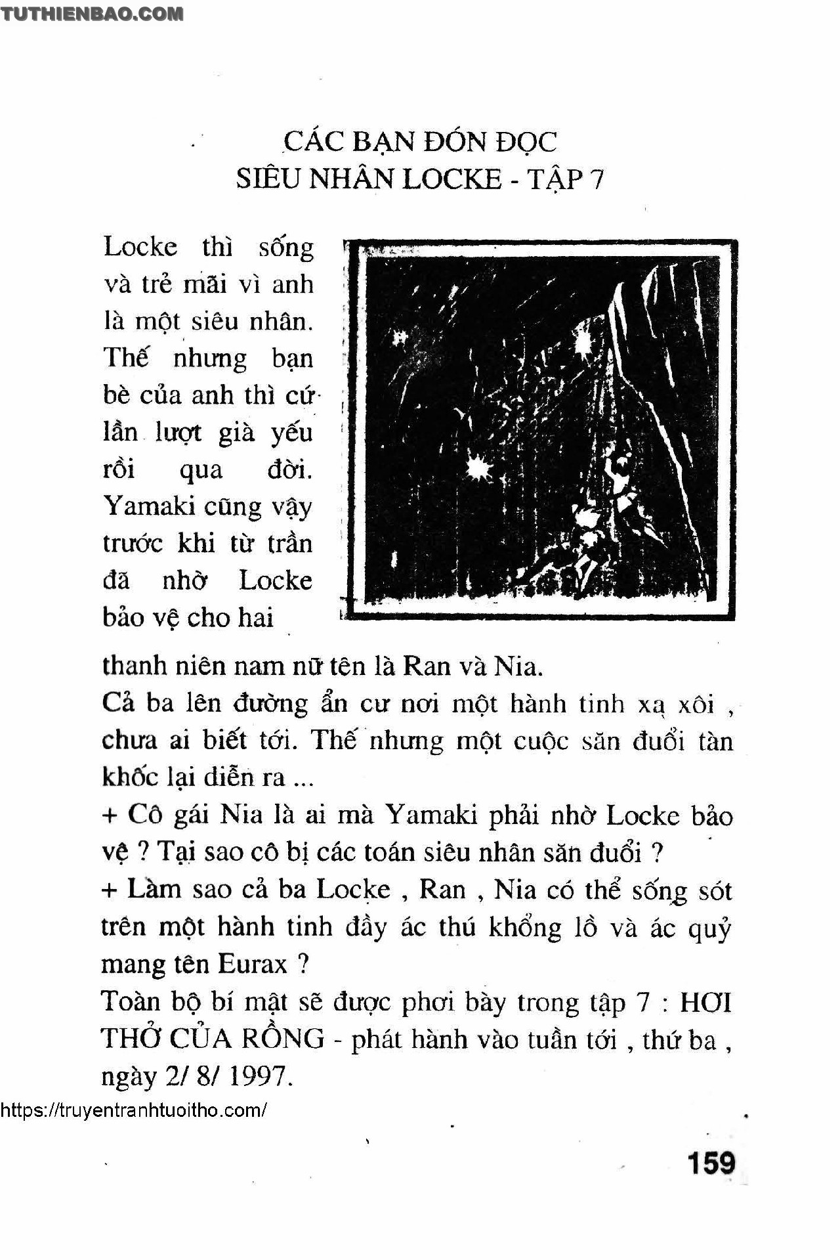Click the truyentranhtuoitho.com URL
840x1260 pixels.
[x=134, y=1110]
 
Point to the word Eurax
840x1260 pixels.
[x=252, y=964]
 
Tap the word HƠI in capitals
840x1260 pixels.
[x=705, y=1002]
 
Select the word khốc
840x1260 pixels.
[x=130, y=777]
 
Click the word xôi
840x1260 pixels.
[x=696, y=704]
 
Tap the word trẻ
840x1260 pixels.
[x=158, y=284]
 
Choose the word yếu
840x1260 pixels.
[x=291, y=433]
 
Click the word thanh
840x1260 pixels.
[x=134, y=666]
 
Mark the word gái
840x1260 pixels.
[x=193, y=815]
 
